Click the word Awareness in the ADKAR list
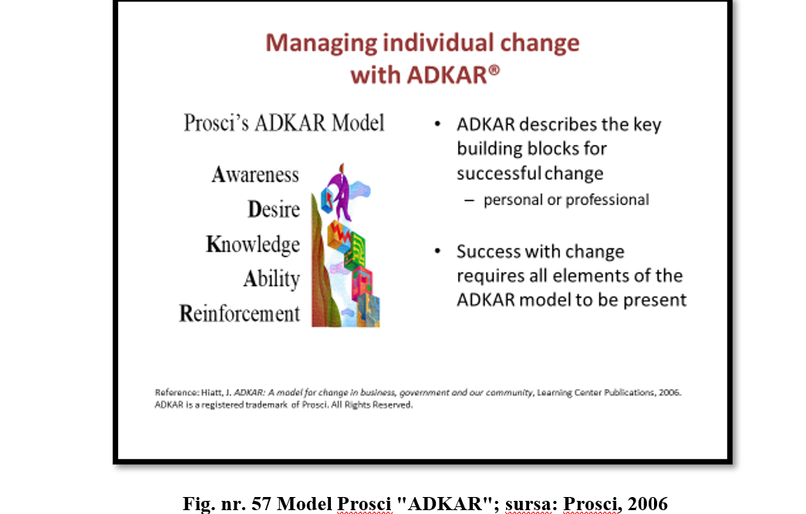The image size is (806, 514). (x=255, y=174)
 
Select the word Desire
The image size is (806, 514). (x=274, y=209)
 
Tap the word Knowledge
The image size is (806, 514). (x=253, y=245)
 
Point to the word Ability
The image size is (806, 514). (x=271, y=279)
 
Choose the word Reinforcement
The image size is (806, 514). (x=240, y=313)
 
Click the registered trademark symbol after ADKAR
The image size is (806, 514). (x=494, y=69)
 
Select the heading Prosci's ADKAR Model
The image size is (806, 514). (x=285, y=123)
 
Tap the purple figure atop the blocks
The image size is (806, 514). (x=340, y=191)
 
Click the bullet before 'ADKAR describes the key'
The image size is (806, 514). (x=437, y=124)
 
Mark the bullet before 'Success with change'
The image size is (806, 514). (x=437, y=251)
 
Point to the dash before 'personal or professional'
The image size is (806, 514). (x=469, y=200)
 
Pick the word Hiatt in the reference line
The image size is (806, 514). (x=211, y=393)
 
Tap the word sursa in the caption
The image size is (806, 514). (x=528, y=504)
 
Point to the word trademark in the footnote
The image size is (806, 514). (x=266, y=405)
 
